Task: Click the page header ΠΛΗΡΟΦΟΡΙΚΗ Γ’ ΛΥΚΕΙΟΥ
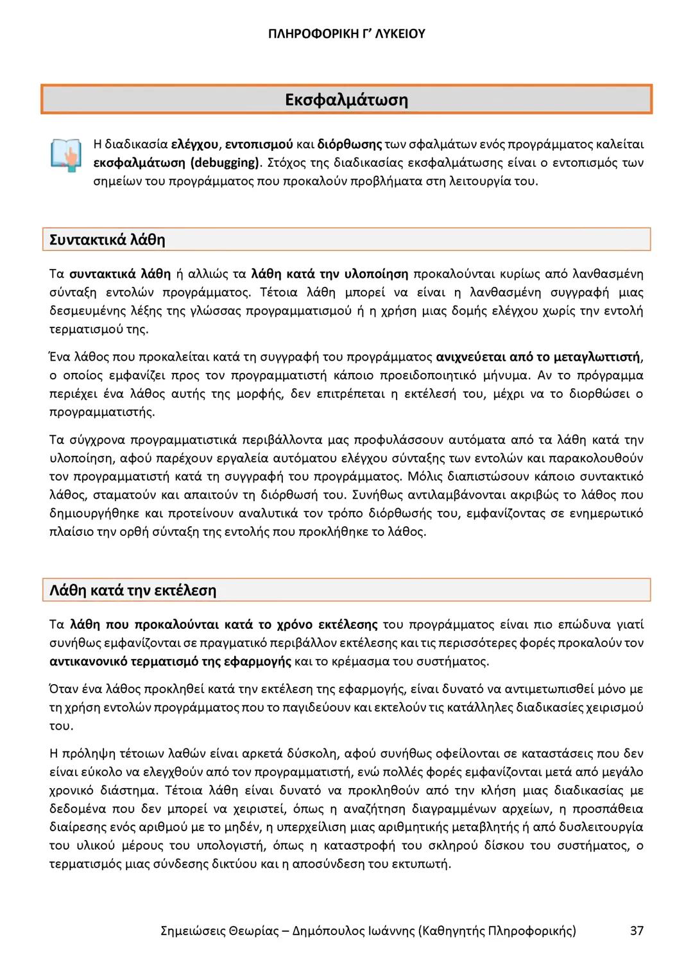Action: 346,33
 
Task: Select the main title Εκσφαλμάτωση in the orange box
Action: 346,99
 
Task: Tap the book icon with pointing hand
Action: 66,154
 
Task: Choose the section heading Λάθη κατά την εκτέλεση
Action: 133,590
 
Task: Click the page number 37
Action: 637,930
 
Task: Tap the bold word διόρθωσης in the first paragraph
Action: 350,143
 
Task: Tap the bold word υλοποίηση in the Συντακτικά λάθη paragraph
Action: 377,274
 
